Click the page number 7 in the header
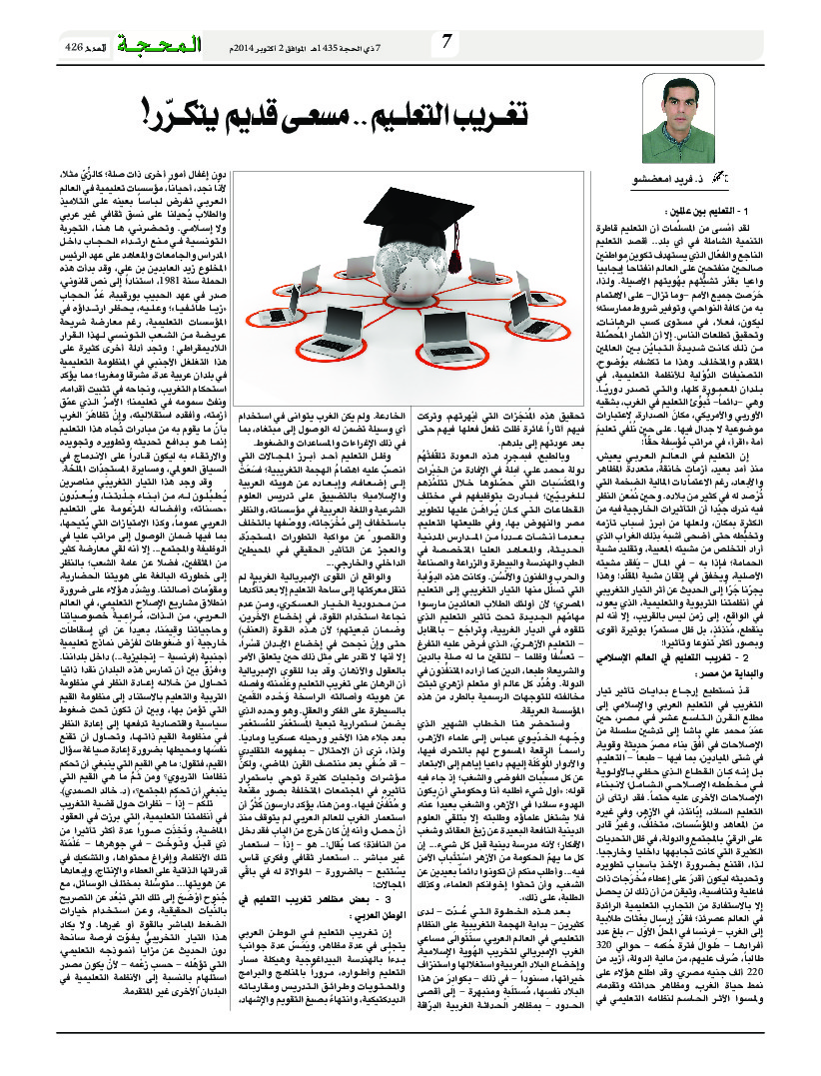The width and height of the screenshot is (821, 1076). pos(445,42)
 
